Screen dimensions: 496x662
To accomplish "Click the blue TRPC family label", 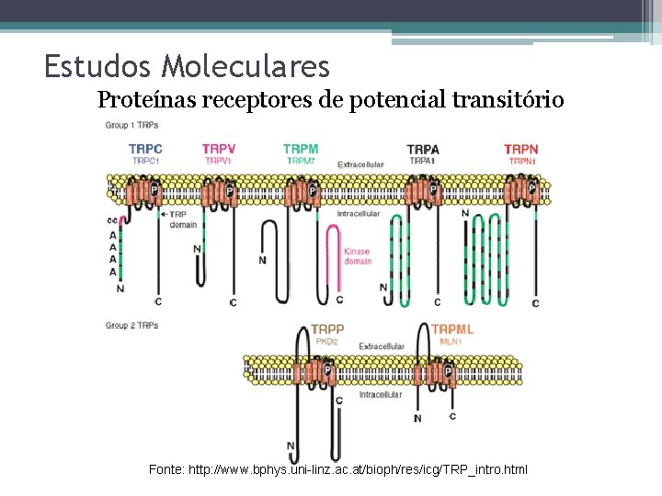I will (x=145, y=149).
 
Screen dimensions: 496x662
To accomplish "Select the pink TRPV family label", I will (x=218, y=149).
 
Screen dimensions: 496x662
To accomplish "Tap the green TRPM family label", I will (x=301, y=149).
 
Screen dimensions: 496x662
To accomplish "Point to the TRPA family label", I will (x=423, y=149).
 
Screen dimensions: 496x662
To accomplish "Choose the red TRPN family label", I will (x=520, y=149).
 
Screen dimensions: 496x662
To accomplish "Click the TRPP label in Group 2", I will (x=327, y=329).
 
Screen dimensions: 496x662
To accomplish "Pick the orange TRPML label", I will (x=452, y=329).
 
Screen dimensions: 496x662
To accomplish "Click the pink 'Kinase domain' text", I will (x=358, y=256).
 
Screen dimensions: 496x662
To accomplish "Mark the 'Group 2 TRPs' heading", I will (x=131, y=325).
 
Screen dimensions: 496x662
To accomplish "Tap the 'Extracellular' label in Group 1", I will (x=361, y=164).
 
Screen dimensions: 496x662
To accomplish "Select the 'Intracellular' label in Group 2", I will (x=380, y=395).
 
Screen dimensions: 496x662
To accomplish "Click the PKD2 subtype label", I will (x=328, y=342).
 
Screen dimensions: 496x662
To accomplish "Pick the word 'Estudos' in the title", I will (x=98, y=66).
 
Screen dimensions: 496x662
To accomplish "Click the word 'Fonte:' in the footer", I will (x=166, y=469).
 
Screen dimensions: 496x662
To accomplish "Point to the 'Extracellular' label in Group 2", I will (x=382, y=346).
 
